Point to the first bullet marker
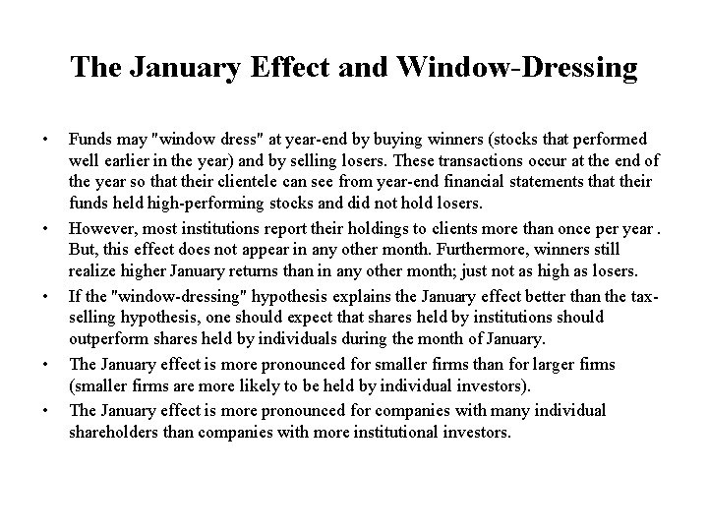43,137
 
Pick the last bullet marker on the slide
43,409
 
